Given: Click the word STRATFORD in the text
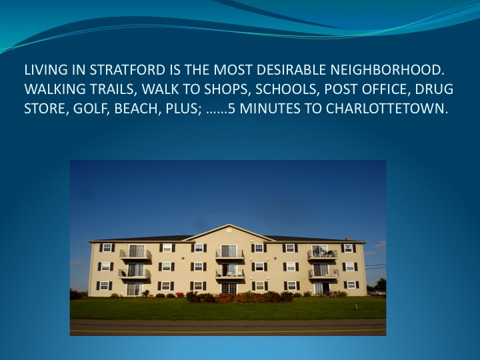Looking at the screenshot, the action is coord(127,70).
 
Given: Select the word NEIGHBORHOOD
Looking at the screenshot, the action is coord(387,70).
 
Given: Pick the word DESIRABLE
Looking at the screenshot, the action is coord(291,70).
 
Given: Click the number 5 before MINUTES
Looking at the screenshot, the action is coord(232,109).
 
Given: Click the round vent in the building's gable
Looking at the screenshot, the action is coord(229,230).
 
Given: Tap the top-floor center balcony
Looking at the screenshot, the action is coord(229,253).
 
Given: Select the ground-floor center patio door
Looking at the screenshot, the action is coord(229,289).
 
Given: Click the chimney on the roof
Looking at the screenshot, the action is coord(347,239).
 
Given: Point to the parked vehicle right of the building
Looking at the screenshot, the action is coord(377,293).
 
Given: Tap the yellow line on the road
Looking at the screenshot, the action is coord(228,331).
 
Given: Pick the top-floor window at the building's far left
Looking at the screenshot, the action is coord(107,247).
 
